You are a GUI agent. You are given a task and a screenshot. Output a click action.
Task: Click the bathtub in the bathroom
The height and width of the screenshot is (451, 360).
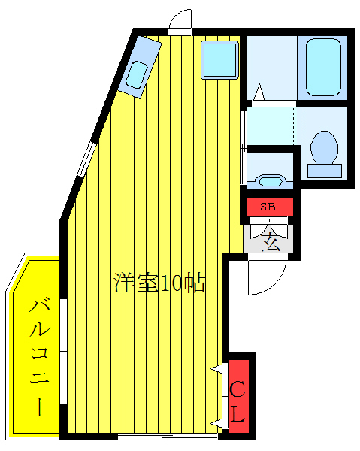323,67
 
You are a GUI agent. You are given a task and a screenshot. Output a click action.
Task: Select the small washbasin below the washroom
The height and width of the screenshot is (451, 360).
269,181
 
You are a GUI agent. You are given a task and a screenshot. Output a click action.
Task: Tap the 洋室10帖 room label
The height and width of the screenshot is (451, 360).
159,283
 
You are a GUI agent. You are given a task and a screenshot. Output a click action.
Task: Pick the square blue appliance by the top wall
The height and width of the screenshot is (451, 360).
220,59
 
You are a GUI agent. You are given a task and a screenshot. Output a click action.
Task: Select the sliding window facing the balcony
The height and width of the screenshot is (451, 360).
64,353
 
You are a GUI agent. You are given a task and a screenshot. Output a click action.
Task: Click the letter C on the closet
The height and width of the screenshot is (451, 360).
237,388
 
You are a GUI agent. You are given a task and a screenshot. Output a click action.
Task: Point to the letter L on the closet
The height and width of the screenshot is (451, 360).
237,414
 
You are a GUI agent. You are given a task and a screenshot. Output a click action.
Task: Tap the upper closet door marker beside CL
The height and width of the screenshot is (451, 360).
219,368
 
